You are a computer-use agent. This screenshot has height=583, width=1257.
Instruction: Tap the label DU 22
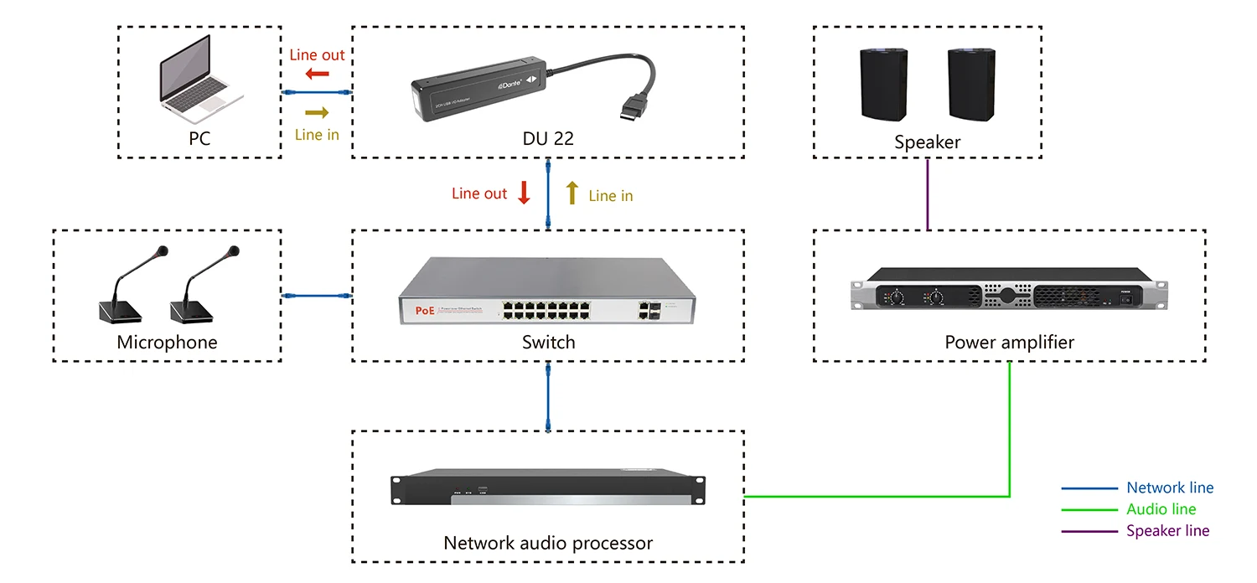tap(548, 139)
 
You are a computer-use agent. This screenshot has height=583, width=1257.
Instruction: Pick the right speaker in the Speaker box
tap(972, 84)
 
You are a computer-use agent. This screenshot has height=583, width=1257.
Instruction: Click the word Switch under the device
tap(548, 342)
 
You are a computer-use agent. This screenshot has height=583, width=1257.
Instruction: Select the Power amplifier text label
tap(1009, 342)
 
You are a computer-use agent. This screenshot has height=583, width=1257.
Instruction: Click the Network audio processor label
tap(548, 543)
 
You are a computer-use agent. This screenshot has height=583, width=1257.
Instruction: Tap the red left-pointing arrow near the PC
tap(317, 74)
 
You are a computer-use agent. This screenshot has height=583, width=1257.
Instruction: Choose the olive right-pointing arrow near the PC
tap(317, 112)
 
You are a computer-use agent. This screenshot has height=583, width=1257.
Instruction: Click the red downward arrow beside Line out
tap(525, 193)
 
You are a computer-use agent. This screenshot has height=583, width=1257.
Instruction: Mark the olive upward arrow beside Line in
tap(572, 193)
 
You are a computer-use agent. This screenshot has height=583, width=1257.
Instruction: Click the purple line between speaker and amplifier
tap(928, 194)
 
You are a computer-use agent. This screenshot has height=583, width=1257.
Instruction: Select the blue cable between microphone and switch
tap(316, 296)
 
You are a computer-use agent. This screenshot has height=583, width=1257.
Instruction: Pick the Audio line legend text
tap(1161, 509)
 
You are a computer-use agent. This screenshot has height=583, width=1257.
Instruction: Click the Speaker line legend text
tap(1167, 530)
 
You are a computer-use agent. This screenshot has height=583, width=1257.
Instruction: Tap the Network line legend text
tap(1169, 488)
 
